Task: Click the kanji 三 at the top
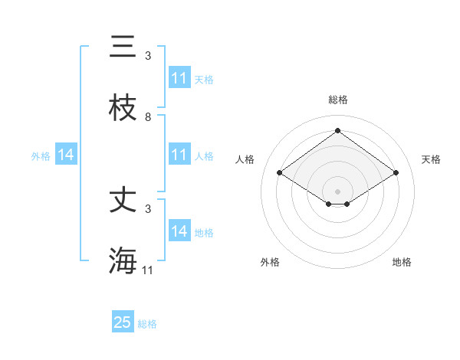pos(123,47)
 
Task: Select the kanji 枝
pos(123,108)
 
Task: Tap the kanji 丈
pos(123,201)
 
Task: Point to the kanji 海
pos(123,260)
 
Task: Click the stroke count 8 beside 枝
pos(148,117)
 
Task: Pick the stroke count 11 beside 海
pos(148,270)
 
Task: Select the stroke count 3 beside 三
pos(148,56)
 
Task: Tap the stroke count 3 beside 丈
pos(148,208)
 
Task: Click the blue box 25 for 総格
pos(123,322)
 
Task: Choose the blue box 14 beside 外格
pos(66,155)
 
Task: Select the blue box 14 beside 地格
pos(179,231)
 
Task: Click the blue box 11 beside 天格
pos(179,78)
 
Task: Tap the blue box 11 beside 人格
pos(179,155)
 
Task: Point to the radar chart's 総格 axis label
pos(338,100)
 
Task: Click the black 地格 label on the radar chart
pos(402,262)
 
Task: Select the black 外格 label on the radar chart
pos(270,262)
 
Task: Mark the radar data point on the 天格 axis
pos(396,173)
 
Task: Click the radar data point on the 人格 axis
pos(280,173)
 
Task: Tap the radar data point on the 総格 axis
pos(338,130)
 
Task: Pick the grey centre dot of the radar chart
pos(338,191)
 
